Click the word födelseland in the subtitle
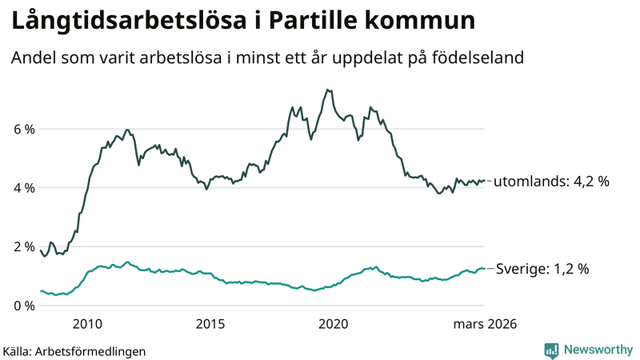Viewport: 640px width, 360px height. (x=478, y=58)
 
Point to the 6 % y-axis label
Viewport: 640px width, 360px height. (x=23, y=129)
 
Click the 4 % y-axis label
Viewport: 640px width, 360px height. (x=23, y=188)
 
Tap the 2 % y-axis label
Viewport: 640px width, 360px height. (x=23, y=246)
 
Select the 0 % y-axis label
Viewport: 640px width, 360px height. (x=23, y=306)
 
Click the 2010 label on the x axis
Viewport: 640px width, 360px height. (x=87, y=324)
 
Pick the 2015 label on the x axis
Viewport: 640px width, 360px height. (x=210, y=324)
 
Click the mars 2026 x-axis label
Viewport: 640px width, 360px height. (x=485, y=324)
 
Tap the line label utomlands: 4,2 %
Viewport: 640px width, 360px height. (x=551, y=182)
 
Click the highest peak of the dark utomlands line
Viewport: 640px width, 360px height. (x=327, y=90)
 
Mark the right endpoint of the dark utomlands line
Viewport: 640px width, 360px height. (x=485, y=181)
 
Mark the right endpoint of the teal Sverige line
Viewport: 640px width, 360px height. (x=485, y=269)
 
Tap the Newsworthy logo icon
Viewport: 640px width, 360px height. (x=551, y=350)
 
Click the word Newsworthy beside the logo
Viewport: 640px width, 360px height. (x=597, y=350)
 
